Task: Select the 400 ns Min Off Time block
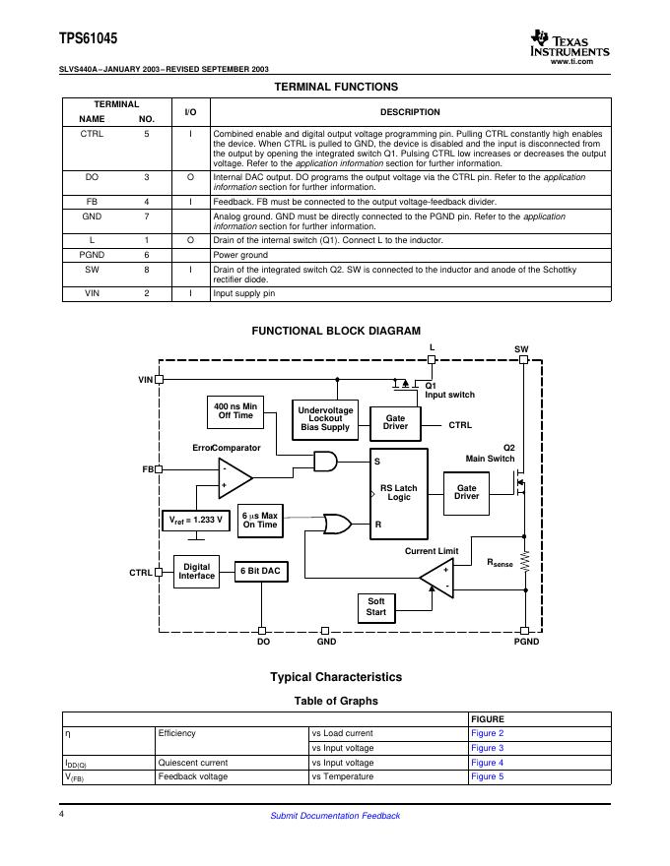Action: click(235, 411)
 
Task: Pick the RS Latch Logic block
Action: click(398, 493)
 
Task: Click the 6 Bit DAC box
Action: click(262, 572)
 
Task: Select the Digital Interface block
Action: click(197, 572)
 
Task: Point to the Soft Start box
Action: click(375, 607)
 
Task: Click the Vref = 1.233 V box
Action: click(196, 520)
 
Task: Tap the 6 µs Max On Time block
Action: click(260, 521)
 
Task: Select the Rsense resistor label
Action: click(502, 563)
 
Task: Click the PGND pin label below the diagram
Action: click(527, 643)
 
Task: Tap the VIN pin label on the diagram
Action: click(145, 379)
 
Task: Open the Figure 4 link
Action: click(487, 763)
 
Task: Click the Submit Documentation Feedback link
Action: click(335, 816)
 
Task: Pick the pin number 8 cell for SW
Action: click(146, 270)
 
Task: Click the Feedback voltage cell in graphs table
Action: click(192, 777)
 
